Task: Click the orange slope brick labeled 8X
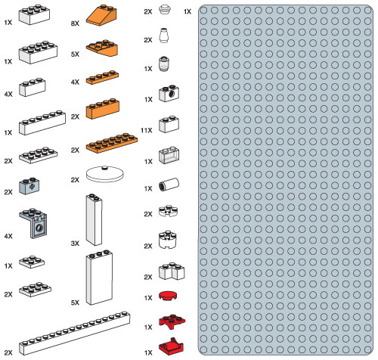click(101, 15)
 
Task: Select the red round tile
click(168, 296)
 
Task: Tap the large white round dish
click(105, 174)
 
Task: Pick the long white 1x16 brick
click(75, 333)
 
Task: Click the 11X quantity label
click(147, 130)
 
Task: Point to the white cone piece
click(163, 36)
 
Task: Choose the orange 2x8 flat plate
click(112, 143)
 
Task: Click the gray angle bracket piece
click(33, 223)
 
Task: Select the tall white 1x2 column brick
click(94, 219)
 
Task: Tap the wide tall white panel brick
click(99, 278)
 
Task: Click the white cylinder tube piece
click(169, 184)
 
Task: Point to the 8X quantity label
click(75, 23)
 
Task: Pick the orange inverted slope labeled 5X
click(102, 48)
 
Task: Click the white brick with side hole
click(169, 93)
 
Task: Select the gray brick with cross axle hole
click(29, 186)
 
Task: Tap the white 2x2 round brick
click(168, 240)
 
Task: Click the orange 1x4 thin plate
click(102, 77)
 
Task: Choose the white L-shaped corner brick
click(172, 272)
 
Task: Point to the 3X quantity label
click(75, 244)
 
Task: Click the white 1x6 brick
click(42, 123)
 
